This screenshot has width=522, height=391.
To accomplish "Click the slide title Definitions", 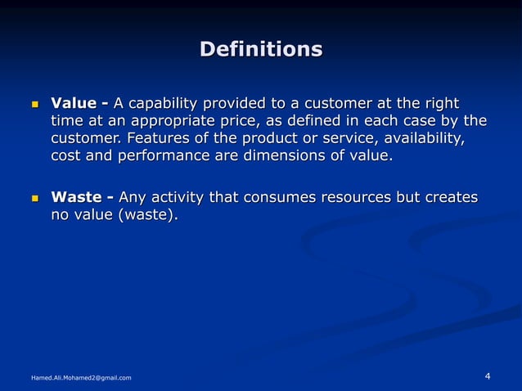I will click(x=261, y=49).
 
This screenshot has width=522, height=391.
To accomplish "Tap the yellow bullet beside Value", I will click(x=34, y=105).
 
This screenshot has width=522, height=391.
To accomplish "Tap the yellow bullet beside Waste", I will click(x=34, y=198).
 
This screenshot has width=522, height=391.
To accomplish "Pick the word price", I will click(x=237, y=122).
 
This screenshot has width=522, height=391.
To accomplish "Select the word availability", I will click(x=420, y=139).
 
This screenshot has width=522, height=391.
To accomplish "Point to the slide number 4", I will click(x=488, y=375).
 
